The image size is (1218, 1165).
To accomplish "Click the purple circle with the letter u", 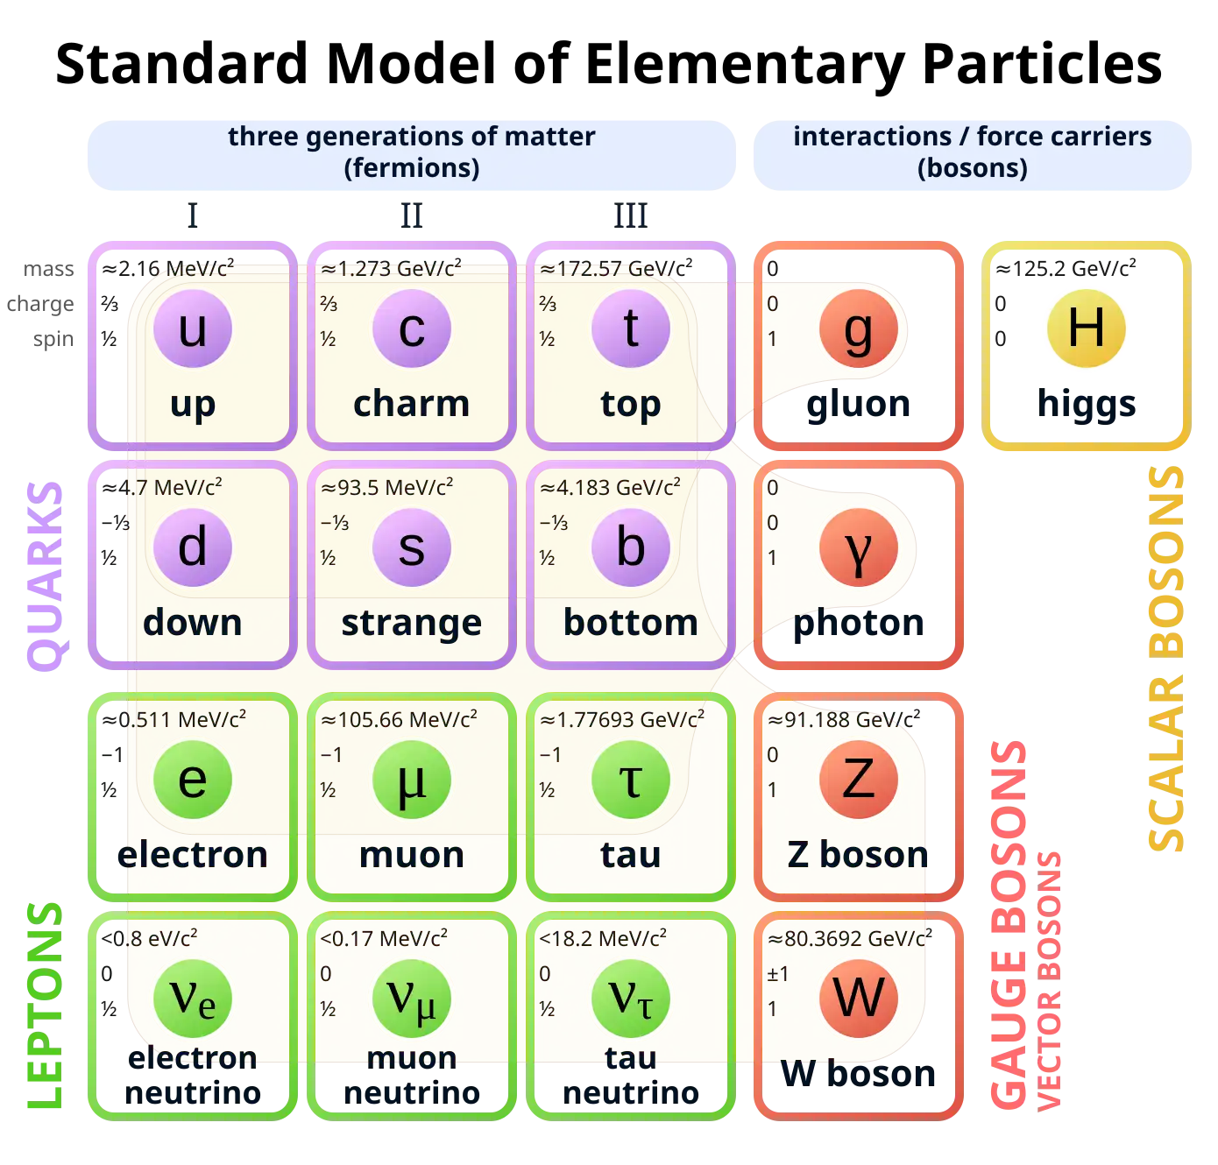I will (193, 328).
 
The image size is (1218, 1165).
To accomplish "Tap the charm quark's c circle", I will (412, 328).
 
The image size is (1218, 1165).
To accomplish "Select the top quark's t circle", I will (631, 328).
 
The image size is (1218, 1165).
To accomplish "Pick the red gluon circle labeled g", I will (859, 328).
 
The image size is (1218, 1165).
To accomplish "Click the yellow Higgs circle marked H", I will (1087, 328).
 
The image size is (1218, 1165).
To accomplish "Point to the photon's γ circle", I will (859, 547).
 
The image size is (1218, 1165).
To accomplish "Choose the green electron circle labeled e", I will (193, 780).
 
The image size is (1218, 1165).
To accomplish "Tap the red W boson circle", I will (859, 998).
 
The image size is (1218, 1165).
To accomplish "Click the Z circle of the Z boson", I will (859, 780).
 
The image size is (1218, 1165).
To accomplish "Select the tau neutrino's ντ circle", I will (631, 998).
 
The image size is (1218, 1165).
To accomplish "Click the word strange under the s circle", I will (412, 623).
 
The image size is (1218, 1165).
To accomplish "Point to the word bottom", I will (631, 623).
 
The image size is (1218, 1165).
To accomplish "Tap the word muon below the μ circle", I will (412, 855).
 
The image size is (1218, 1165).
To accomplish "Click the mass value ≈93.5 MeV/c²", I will (386, 488).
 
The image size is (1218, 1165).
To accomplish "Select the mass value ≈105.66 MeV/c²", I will (399, 720).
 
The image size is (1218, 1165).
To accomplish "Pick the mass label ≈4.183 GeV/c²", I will (610, 488).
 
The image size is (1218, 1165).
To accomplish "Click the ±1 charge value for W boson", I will (777, 974).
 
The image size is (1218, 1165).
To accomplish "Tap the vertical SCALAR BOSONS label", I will (1165, 657).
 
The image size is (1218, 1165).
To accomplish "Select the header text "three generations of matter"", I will (411, 137).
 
